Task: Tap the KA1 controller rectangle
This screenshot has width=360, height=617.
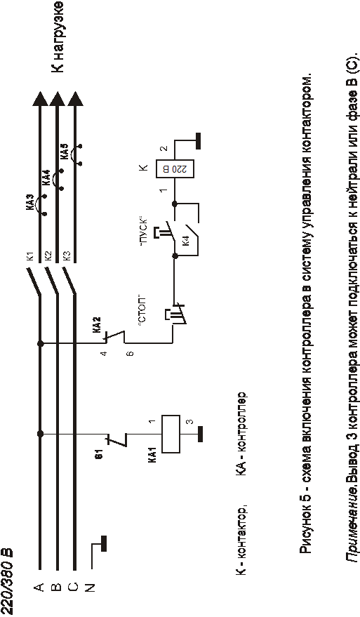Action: point(171,434)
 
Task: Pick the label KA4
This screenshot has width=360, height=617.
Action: point(46,178)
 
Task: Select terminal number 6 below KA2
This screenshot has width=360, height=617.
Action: point(131,353)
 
